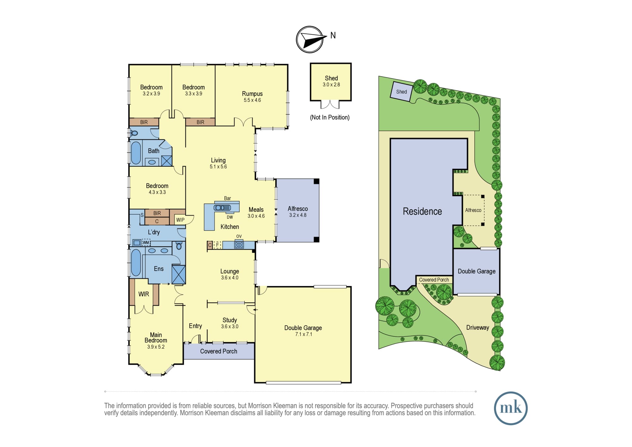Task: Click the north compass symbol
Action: [x=310, y=40]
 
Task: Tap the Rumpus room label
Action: [x=252, y=94]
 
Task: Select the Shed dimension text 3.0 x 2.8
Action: [x=331, y=85]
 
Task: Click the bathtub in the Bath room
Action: [x=136, y=153]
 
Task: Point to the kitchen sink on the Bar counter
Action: [x=222, y=208]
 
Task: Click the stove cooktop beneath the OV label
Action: [x=239, y=245]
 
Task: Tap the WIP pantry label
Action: [x=180, y=220]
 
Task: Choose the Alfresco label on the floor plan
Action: [x=298, y=209]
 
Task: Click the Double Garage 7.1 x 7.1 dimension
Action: [x=303, y=334]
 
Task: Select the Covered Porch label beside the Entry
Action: [x=219, y=351]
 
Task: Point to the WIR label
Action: [x=143, y=294]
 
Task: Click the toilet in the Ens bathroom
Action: [x=179, y=246]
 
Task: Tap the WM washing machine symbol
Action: [x=146, y=243]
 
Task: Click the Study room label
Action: [x=229, y=320]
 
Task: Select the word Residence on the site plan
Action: [x=422, y=211]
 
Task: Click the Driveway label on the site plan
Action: [x=477, y=328]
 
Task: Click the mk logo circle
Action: [x=511, y=408]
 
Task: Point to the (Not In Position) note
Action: [x=330, y=117]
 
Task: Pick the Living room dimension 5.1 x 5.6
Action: [x=218, y=167]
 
